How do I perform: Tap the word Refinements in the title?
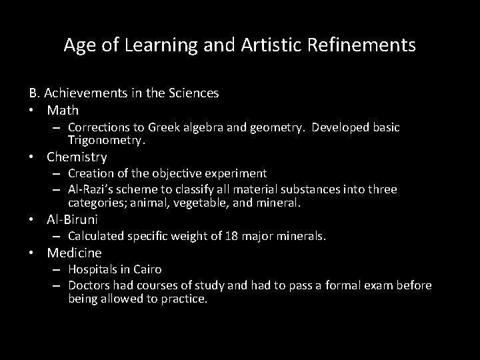point(365,45)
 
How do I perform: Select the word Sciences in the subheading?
point(194,94)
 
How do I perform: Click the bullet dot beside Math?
point(32,110)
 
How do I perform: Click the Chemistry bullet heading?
point(77,157)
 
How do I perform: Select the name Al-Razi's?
point(92,189)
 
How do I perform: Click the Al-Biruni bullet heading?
point(72,219)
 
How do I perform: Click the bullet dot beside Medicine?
point(32,253)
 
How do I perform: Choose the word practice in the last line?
point(185,299)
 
